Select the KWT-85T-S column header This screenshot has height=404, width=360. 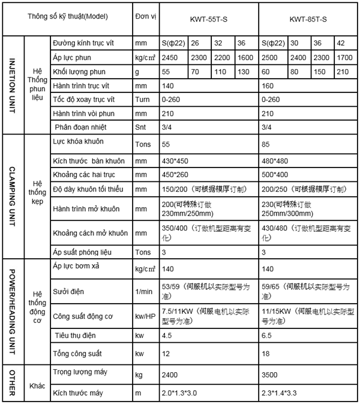coord(308,19)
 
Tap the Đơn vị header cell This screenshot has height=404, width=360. coord(145,15)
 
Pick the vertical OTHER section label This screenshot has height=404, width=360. coord(12,383)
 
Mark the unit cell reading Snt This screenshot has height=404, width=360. coord(141,127)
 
